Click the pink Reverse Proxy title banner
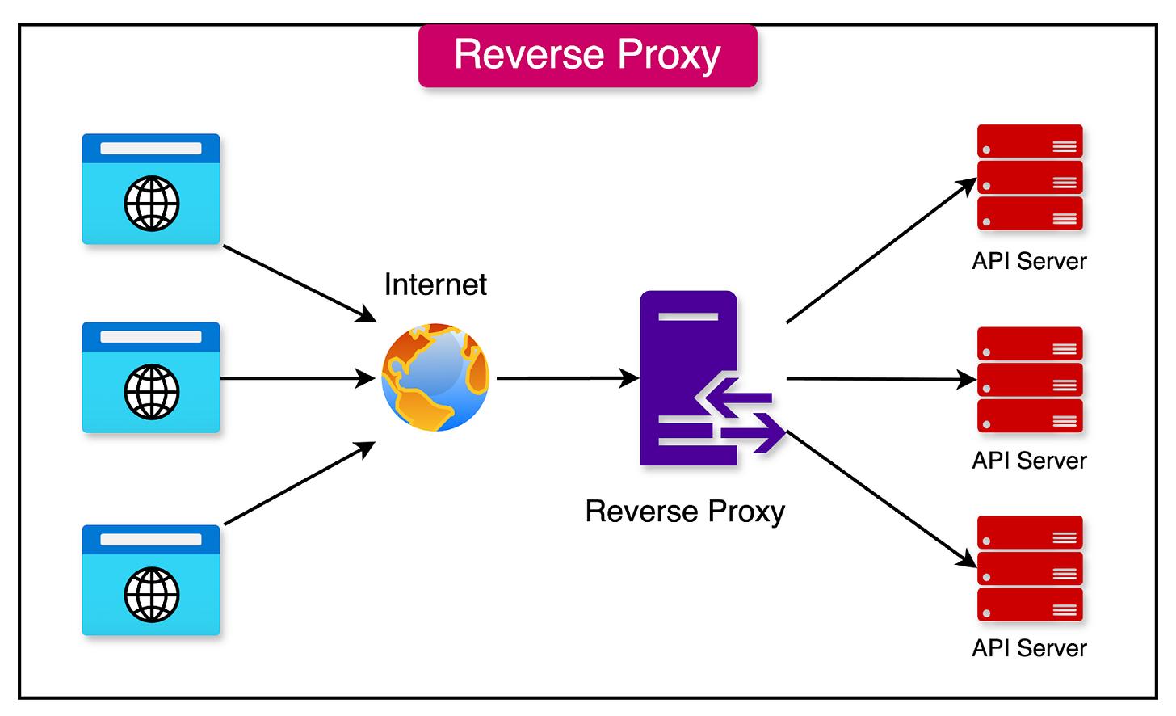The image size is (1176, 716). point(587,56)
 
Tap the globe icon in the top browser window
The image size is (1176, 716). point(151,203)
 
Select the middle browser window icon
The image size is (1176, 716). point(151,377)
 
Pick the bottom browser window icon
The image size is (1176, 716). point(151,580)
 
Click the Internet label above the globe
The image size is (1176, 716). point(435,284)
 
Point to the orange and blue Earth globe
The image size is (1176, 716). point(435,377)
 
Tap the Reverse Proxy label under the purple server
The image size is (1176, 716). point(685,512)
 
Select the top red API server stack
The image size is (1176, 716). point(1030,177)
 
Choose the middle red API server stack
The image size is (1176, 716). point(1030,380)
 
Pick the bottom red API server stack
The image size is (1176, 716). point(1030,568)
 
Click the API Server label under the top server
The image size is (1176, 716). point(1030,261)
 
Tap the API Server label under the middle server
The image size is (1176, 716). point(1030,461)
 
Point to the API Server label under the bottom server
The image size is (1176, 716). point(1030,648)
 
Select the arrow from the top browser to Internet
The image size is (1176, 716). point(299,283)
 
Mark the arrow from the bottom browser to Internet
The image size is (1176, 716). point(299,483)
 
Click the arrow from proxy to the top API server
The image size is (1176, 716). point(880,251)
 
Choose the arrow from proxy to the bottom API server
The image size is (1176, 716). point(880,499)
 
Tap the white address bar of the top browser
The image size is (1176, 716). point(151,149)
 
